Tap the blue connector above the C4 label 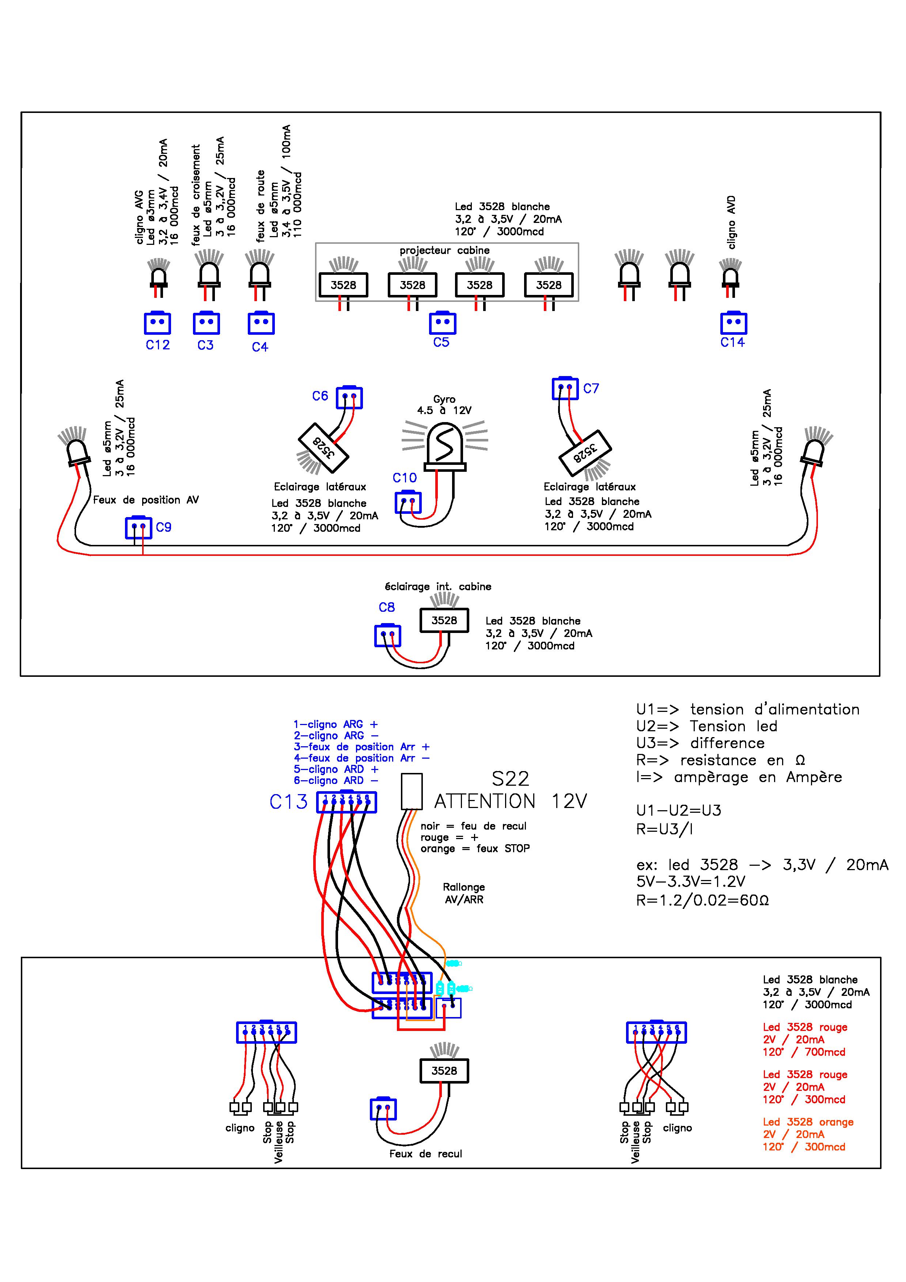click(261, 323)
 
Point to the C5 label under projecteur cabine click(441, 342)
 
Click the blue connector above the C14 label click(733, 322)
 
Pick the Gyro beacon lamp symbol click(445, 447)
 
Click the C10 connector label click(404, 478)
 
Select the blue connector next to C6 click(349, 398)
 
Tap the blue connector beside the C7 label click(565, 388)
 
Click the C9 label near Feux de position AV click(164, 527)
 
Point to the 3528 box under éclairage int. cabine click(444, 620)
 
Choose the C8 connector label click(387, 607)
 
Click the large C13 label click(289, 802)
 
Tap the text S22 click(510, 779)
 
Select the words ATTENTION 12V click(511, 802)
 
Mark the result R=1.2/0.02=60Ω click(702, 900)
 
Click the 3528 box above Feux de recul click(444, 1070)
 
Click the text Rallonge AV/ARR click(464, 894)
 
